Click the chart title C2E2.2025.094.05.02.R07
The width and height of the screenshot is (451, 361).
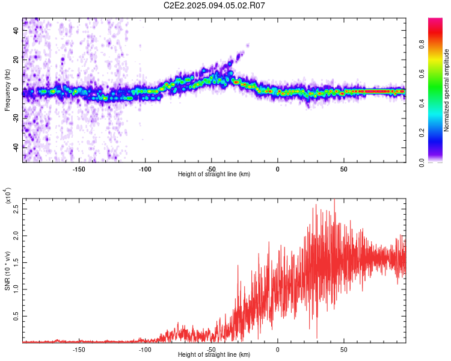coord(214,5)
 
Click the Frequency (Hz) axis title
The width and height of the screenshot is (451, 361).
coord(7,90)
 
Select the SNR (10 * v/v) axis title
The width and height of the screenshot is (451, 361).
coord(7,271)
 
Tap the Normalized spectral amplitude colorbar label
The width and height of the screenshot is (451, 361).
coord(446,90)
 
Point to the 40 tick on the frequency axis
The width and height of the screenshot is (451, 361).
coord(16,30)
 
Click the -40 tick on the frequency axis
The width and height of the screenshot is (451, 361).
coord(16,147)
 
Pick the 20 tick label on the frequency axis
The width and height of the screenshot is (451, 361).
coord(16,60)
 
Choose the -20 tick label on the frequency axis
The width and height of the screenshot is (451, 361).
coord(16,119)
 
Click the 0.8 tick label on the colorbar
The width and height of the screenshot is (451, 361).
coord(422,45)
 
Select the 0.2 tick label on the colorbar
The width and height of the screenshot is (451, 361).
coord(422,133)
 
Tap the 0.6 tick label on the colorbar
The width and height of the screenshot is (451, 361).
coord(422,73)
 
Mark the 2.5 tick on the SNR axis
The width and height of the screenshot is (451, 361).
coord(16,209)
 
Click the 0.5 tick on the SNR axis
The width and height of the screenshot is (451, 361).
coord(16,316)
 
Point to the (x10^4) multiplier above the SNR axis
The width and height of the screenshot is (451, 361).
coord(8,195)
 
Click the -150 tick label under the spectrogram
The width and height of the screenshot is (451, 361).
coord(79,169)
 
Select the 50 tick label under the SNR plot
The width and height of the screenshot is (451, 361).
coord(344,350)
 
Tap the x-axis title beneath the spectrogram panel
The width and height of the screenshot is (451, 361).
coord(214,174)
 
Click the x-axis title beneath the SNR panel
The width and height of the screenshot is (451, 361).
coord(214,354)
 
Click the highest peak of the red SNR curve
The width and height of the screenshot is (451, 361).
coord(334,199)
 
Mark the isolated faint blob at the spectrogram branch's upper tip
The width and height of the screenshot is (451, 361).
coord(248,45)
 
